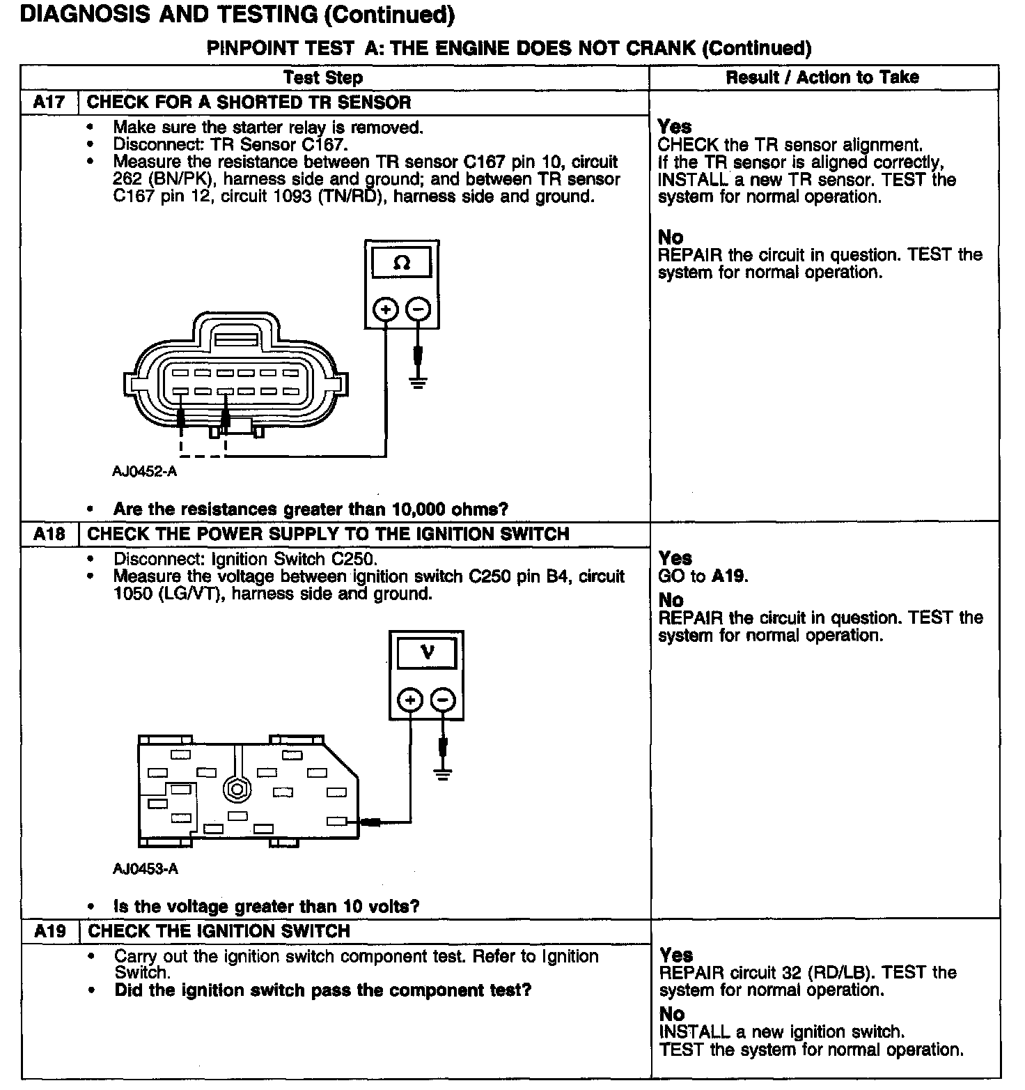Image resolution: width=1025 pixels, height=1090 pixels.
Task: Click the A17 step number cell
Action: point(49,102)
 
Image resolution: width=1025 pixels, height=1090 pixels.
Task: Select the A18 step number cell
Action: point(49,535)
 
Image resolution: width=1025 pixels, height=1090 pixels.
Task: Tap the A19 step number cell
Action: point(50,932)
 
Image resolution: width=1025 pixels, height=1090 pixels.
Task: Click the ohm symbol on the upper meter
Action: point(402,263)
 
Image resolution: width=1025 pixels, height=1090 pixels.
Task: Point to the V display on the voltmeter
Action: point(427,653)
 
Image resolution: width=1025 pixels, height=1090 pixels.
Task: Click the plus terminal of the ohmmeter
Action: point(386,309)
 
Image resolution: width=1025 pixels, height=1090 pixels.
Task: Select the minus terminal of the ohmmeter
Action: point(418,309)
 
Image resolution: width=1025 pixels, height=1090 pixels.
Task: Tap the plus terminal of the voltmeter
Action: point(411,699)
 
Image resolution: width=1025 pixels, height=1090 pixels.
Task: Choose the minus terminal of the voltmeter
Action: point(444,699)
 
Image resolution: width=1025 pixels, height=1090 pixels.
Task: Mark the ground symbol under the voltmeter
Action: point(442,773)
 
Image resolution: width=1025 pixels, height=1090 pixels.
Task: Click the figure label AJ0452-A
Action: point(145,471)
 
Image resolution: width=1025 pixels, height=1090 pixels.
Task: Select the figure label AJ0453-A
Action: point(146,869)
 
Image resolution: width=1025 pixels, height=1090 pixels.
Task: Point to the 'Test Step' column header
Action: point(323,77)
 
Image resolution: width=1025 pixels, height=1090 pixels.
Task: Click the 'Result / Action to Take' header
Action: point(822,77)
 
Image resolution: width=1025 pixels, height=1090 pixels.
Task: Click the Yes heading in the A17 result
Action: point(674,127)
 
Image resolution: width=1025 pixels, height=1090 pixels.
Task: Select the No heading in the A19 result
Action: point(671,1014)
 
